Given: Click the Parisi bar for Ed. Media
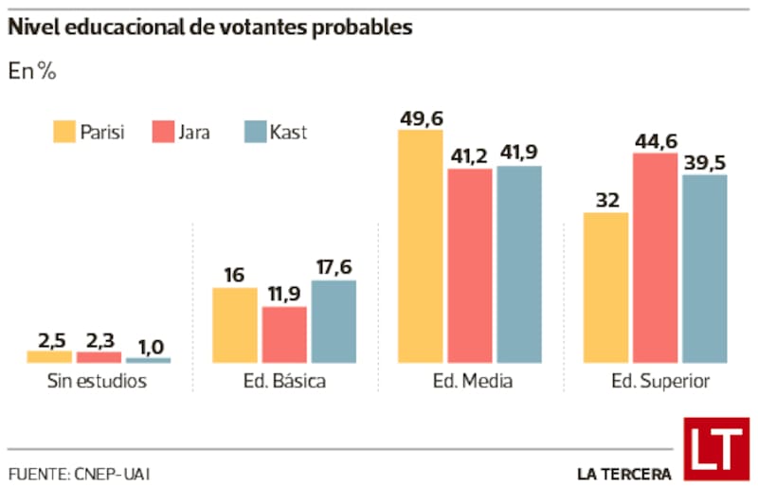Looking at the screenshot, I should [420, 246].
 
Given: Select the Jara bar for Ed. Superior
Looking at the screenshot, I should [655, 258].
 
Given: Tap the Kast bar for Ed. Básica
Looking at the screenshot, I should [334, 322].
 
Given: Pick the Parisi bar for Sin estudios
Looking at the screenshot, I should [49, 357].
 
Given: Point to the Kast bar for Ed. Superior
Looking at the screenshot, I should [704, 269].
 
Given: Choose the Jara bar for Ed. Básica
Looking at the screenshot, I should [284, 335].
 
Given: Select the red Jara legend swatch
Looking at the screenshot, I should [163, 132].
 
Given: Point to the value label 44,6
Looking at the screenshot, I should [655, 140].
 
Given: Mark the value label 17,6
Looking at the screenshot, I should [334, 267].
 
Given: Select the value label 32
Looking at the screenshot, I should [605, 199].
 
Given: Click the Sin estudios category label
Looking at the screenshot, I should [98, 383].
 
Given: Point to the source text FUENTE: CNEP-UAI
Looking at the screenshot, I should [80, 473].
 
